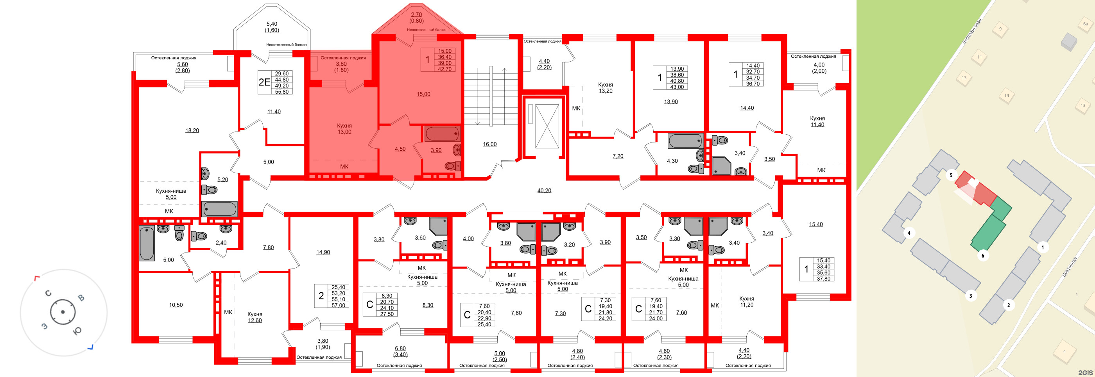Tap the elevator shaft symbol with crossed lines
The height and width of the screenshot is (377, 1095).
[547, 126]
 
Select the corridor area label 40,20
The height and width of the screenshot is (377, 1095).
[544, 190]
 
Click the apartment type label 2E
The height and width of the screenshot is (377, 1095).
[264, 82]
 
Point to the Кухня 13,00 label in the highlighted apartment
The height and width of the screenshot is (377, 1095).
[344, 129]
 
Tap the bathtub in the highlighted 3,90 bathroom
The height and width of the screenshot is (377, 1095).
[442, 133]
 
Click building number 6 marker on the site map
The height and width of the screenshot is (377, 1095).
[982, 256]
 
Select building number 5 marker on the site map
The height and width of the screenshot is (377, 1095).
[951, 175]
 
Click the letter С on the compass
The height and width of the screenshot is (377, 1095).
[48, 293]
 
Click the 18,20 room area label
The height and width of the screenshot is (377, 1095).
[192, 130]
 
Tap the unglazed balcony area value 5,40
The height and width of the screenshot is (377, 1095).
[272, 24]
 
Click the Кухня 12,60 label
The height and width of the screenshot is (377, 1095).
[254, 317]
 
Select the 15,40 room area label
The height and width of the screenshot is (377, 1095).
[816, 224]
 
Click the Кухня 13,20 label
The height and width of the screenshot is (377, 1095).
[605, 87]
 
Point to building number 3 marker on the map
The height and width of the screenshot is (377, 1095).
[970, 295]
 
